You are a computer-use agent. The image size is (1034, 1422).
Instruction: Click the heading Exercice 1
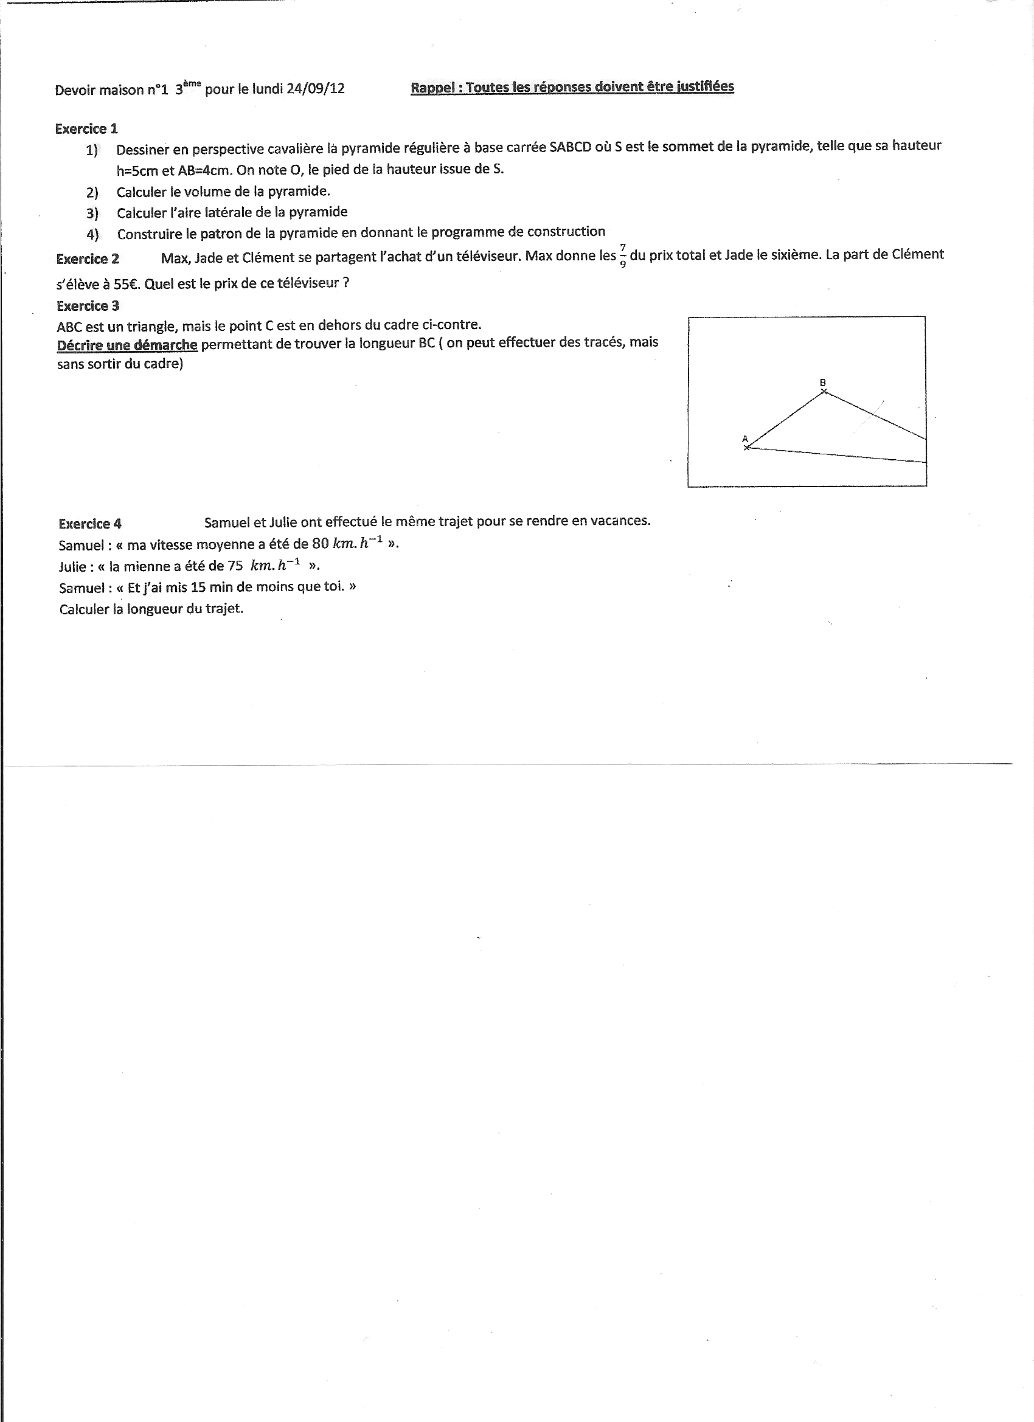[x=86, y=129]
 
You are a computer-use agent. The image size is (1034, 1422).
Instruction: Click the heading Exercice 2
[x=87, y=259]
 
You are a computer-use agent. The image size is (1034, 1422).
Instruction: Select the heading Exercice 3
[x=88, y=306]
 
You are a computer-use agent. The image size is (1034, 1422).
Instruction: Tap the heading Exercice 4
[x=89, y=524]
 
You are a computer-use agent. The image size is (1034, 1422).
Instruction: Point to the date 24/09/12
[x=316, y=88]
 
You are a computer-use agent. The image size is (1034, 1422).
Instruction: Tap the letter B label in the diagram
[x=823, y=383]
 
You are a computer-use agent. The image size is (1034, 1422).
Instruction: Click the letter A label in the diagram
[x=744, y=439]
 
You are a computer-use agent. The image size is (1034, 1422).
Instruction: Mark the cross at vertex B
[x=824, y=392]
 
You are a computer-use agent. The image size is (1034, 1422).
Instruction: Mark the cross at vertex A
[x=746, y=448]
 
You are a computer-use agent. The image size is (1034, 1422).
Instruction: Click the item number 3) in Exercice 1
[x=93, y=213]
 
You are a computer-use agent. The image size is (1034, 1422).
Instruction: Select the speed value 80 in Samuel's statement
[x=320, y=544]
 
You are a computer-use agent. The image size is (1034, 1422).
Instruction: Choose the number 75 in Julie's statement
[x=235, y=566]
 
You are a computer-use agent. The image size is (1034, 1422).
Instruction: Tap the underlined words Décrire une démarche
[x=127, y=345]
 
